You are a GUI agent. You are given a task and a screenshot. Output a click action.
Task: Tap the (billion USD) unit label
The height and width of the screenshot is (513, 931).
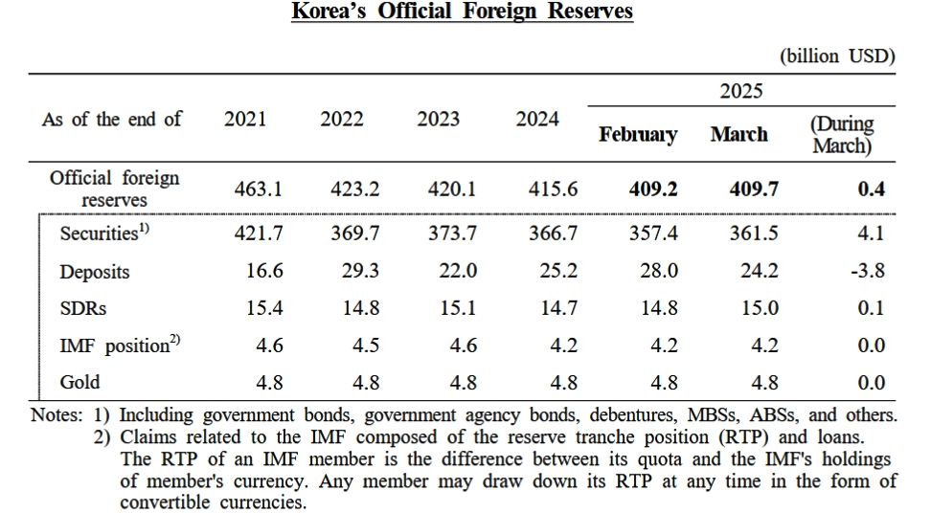click(x=837, y=56)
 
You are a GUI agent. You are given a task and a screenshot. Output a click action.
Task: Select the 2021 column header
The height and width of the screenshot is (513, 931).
click(x=245, y=120)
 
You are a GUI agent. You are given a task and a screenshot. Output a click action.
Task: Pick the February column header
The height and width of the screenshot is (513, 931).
click(x=638, y=135)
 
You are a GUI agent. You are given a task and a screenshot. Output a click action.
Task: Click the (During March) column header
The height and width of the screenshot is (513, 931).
click(x=842, y=135)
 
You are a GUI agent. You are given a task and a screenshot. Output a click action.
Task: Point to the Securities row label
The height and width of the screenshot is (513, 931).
click(x=103, y=233)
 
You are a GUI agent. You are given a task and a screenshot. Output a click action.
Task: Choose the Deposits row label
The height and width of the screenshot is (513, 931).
click(x=95, y=272)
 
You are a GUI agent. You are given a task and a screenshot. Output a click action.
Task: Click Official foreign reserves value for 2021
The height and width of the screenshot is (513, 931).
click(x=259, y=190)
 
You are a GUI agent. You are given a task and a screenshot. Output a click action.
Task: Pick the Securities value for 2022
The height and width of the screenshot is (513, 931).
click(x=354, y=234)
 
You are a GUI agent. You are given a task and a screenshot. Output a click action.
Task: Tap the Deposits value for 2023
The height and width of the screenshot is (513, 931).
click(x=457, y=272)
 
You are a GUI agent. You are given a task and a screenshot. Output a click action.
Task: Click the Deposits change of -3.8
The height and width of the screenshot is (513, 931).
click(x=867, y=272)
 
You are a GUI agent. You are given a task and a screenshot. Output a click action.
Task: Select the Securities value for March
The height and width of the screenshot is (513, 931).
click(x=754, y=234)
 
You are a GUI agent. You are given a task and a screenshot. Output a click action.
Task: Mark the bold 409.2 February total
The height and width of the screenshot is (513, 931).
click(x=653, y=190)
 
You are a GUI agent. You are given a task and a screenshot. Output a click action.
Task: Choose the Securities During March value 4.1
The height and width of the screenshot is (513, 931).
click(x=871, y=234)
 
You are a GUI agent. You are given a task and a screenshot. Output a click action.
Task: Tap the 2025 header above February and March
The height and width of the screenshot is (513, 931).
click(x=740, y=91)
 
